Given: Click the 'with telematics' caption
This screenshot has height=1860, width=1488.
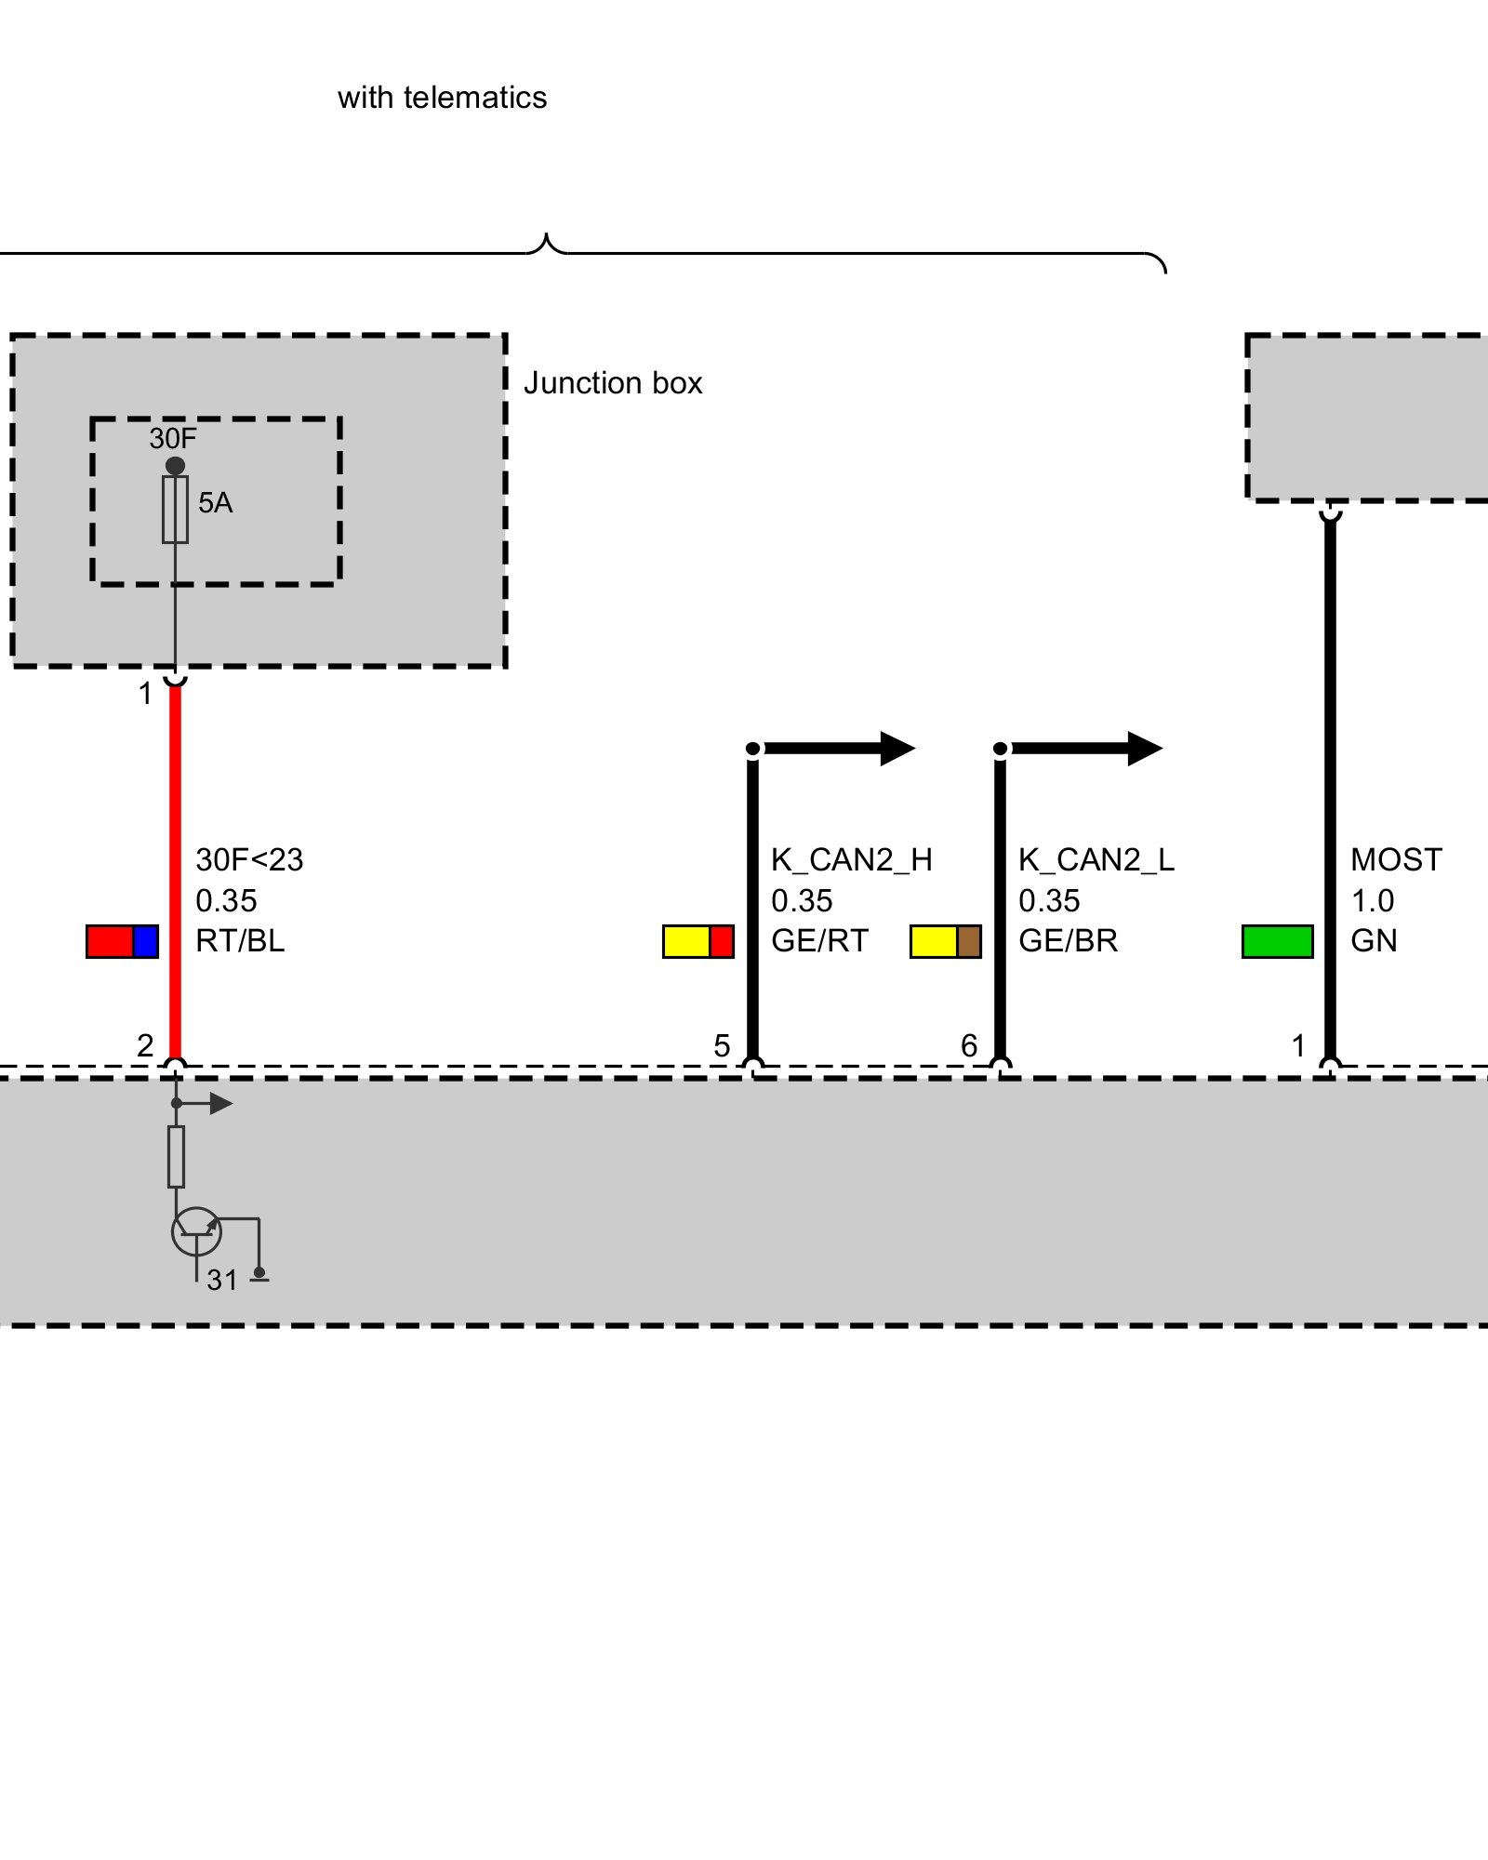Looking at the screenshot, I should [x=442, y=98].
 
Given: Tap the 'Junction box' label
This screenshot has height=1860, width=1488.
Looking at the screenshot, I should [x=612, y=383].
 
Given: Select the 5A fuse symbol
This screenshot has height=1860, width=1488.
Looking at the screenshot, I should [x=175, y=510].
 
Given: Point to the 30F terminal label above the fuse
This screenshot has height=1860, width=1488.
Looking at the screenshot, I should [x=173, y=438].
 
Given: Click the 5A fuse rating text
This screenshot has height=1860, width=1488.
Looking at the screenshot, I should [x=215, y=503].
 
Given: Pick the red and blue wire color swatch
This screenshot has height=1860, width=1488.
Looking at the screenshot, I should [x=122, y=941].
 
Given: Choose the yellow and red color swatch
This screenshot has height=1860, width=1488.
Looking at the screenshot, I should [x=697, y=941].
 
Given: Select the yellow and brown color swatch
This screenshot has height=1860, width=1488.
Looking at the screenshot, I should [x=945, y=941].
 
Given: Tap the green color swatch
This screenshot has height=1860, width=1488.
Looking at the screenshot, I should [x=1277, y=941].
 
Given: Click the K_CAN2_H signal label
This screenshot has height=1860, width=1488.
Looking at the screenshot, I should [x=851, y=860].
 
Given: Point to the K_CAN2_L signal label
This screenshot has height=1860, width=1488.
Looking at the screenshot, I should [x=1096, y=860].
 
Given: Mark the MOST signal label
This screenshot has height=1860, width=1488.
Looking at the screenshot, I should [x=1396, y=860].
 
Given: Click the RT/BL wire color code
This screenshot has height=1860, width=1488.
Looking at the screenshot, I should [x=240, y=941].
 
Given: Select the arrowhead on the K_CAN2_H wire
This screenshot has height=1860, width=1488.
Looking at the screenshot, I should [x=897, y=749].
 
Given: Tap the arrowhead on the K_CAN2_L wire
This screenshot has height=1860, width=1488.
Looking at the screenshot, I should [x=1145, y=749].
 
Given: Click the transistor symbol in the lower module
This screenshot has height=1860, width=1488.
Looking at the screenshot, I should [x=196, y=1231].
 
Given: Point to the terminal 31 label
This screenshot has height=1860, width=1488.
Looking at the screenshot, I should [x=222, y=1281].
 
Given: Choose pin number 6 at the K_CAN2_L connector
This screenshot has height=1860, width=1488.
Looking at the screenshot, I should [x=969, y=1046].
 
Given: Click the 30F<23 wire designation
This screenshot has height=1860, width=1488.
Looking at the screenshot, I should [x=249, y=860].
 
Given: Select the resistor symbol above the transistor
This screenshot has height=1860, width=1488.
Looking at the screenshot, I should [x=176, y=1157].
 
